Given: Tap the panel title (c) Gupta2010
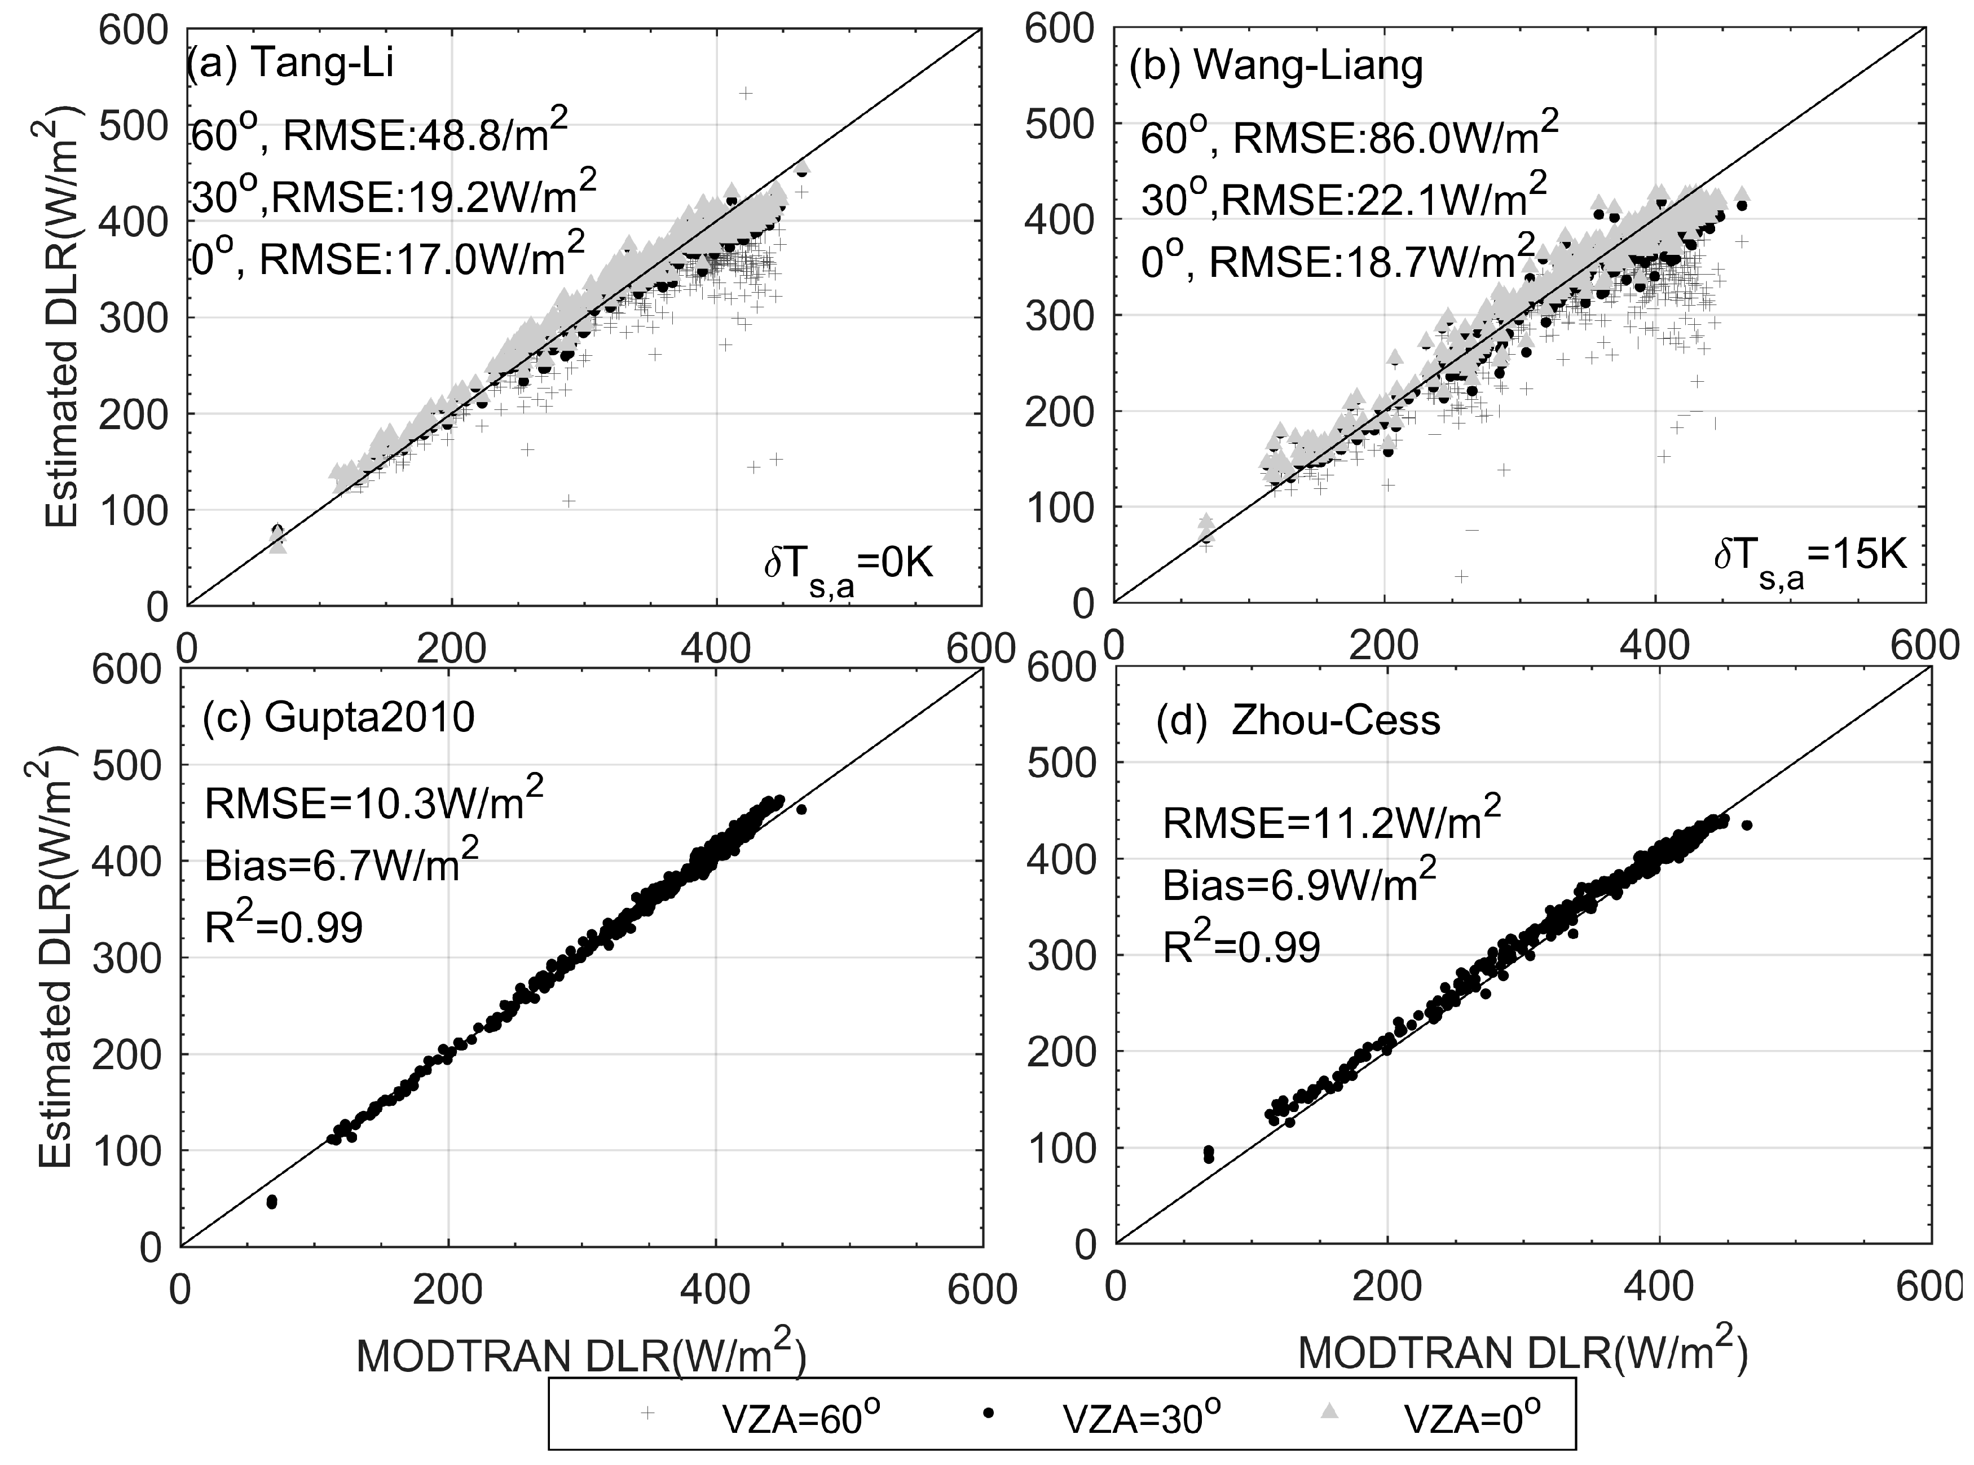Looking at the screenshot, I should [339, 717].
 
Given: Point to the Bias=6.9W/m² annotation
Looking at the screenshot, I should [1299, 884].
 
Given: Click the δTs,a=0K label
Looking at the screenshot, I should [849, 566].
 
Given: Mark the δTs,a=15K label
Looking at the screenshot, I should [1809, 557].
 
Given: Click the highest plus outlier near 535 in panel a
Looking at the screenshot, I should [746, 93].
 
